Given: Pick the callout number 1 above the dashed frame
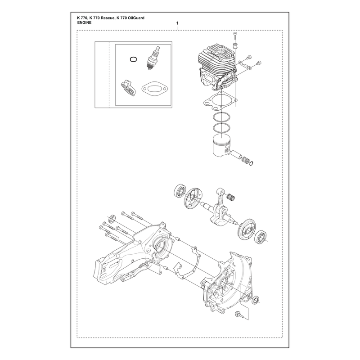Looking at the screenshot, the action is tap(177, 23).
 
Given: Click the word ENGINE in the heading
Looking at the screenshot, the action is tap(84, 22).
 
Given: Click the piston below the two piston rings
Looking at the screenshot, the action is tap(222, 145).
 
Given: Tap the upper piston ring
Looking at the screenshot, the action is tap(221, 117).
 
